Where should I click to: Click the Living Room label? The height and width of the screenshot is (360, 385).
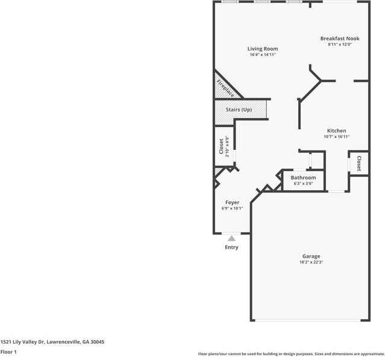click(x=263, y=49)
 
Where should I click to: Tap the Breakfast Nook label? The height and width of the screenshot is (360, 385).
click(x=339, y=39)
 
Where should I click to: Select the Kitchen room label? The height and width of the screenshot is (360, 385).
click(x=336, y=131)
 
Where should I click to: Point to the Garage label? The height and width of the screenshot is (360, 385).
click(x=311, y=256)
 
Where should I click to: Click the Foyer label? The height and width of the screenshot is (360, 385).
click(x=232, y=202)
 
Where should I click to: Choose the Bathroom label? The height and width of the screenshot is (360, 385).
click(x=303, y=178)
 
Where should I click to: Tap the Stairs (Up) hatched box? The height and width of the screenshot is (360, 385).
click(x=241, y=110)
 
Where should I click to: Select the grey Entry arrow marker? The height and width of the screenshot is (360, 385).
click(x=231, y=238)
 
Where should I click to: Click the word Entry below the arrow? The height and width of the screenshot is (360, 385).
click(x=231, y=247)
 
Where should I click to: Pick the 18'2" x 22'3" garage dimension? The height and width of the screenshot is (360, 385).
click(x=311, y=262)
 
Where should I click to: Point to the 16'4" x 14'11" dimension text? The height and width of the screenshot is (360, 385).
click(x=263, y=55)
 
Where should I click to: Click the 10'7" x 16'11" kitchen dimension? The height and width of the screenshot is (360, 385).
click(x=336, y=137)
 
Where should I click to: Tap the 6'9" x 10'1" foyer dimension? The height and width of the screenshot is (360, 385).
click(x=232, y=208)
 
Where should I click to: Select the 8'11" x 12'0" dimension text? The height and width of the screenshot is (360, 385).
click(x=339, y=45)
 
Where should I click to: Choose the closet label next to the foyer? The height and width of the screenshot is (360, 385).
click(x=221, y=146)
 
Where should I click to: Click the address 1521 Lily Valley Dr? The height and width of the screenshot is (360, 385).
click(x=52, y=342)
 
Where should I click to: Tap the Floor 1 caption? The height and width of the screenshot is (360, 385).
click(x=8, y=352)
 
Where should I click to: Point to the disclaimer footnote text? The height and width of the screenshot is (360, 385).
click(x=291, y=354)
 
